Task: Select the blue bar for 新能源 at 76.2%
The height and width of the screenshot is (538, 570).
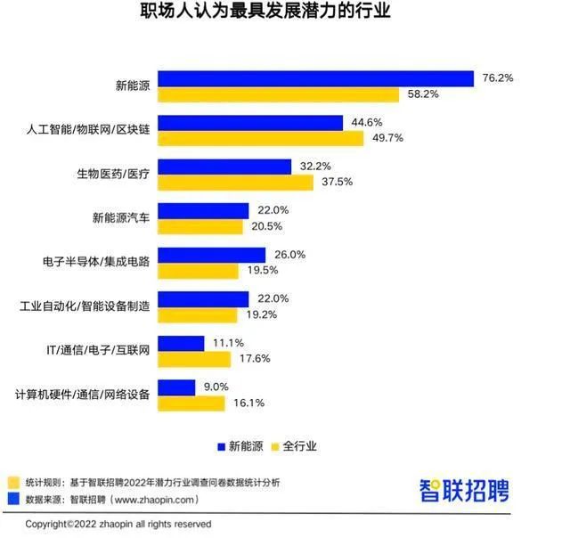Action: [x=315, y=78]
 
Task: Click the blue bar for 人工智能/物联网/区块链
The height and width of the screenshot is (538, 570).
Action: [x=250, y=123]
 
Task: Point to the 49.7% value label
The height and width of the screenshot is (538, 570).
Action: [x=387, y=138]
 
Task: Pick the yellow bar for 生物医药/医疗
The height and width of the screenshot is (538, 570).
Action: [x=235, y=182]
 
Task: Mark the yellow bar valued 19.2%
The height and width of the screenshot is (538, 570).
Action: [x=197, y=314]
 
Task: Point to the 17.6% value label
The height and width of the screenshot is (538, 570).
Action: [x=253, y=358]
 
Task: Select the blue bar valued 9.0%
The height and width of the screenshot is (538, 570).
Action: [x=176, y=387]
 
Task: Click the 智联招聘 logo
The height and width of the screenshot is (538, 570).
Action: [x=476, y=489]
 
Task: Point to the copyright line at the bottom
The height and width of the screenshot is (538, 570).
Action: [x=118, y=524]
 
